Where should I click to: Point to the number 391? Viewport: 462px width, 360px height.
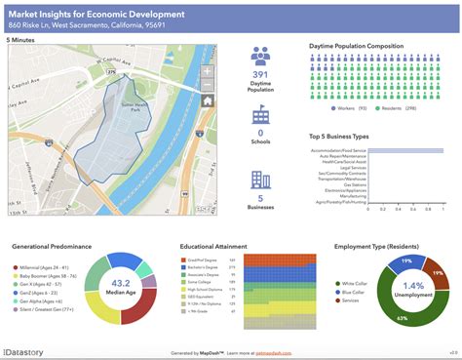260,74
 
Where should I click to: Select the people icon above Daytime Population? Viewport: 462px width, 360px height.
260,56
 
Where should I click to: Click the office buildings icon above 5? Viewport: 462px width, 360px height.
260,179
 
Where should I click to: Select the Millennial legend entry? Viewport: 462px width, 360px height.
41,267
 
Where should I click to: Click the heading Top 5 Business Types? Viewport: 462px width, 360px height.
342,138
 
